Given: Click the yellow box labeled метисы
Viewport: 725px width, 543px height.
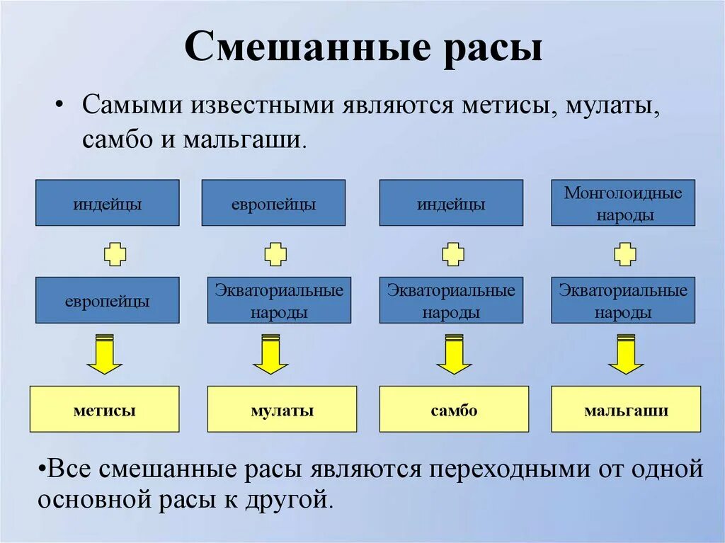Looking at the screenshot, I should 104,409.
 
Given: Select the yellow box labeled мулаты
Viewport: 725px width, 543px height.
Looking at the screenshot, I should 282,409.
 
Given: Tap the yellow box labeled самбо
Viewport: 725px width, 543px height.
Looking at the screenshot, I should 454,409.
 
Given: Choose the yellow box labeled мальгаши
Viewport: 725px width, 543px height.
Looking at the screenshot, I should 626,409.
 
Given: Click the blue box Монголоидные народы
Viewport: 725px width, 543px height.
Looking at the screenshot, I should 623,203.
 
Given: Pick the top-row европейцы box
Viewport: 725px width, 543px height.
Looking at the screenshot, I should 273,203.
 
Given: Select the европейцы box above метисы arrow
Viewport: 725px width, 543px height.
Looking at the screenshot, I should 107,300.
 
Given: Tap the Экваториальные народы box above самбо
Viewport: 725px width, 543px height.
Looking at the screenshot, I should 451,300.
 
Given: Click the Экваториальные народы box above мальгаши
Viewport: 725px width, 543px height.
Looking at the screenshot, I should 623,300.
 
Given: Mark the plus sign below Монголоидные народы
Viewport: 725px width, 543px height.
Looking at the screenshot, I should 624,253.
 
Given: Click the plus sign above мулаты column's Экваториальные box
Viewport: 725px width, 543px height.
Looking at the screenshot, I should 275,253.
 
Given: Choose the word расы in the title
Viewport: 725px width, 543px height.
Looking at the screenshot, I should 493,48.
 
